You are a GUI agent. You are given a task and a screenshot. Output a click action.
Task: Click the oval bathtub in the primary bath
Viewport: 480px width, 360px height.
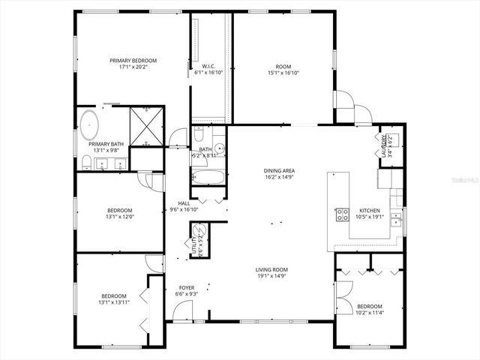(x=89, y=124)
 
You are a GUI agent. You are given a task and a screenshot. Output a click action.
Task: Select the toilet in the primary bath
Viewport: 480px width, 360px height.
(x=87, y=163)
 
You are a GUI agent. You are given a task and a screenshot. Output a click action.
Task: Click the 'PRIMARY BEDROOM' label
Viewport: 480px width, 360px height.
(x=133, y=60)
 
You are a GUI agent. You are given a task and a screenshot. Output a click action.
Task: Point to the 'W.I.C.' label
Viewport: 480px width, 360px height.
(x=209, y=66)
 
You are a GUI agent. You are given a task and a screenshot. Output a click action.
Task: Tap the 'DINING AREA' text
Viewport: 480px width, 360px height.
(x=279, y=170)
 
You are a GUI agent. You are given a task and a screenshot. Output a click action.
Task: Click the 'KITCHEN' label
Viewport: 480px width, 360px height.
(x=369, y=211)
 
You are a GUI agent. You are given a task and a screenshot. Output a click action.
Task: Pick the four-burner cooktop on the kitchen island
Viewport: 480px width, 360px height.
(x=342, y=214)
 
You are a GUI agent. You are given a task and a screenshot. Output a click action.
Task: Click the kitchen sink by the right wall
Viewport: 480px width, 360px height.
(x=400, y=217)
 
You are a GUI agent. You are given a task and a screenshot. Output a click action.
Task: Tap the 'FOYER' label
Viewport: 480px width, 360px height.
(x=187, y=288)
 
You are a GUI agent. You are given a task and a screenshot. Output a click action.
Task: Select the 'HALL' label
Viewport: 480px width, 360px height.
(x=184, y=203)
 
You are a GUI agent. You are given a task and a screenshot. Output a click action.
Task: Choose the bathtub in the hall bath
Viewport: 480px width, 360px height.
(x=207, y=178)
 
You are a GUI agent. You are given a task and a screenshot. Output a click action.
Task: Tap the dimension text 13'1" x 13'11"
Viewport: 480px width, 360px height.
(x=115, y=302)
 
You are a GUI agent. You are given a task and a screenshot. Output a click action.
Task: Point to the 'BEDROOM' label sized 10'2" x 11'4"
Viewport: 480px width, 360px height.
(x=369, y=306)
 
